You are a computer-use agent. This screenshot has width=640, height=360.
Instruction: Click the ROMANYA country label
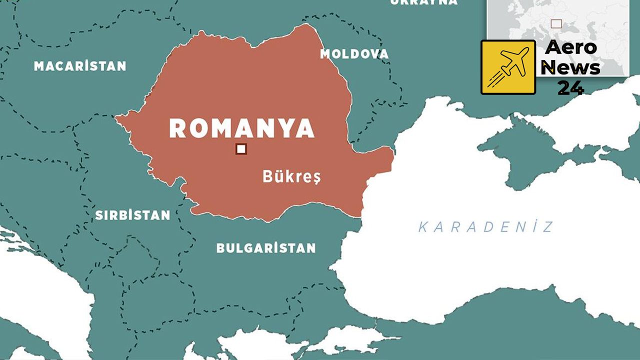coord(241,128)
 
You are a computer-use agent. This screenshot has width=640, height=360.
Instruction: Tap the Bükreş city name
coord(291,176)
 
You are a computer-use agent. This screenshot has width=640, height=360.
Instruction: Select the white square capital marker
coord(241,149)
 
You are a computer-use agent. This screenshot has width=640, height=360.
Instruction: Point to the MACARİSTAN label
coord(80,66)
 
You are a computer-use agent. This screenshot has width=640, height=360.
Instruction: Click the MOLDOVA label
coord(354,54)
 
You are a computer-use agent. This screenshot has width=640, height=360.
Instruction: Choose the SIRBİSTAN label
coord(132,215)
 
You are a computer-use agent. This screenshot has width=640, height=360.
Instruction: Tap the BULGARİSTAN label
coord(265,248)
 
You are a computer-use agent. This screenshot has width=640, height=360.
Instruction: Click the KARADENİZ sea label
coord(485,227)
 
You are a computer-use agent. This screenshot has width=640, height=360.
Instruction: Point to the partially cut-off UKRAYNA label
coord(423,2)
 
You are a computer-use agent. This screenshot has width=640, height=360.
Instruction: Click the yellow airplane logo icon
coord(508,67)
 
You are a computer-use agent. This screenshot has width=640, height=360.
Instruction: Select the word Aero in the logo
coord(570,48)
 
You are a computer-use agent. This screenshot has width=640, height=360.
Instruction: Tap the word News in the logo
coord(570,67)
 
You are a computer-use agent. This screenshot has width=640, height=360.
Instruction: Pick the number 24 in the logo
coord(570,88)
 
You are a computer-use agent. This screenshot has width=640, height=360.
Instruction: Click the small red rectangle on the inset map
coord(556,23)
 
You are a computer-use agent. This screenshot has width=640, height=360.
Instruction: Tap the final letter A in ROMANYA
coord(304,128)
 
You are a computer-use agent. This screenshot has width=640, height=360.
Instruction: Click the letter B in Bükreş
coord(267,176)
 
